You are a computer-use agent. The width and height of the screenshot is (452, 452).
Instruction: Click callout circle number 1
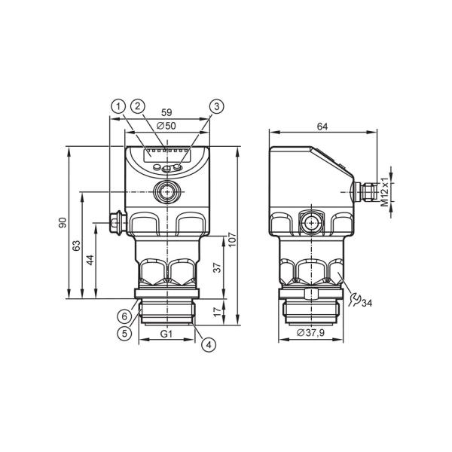pyautogui.click(x=118, y=107)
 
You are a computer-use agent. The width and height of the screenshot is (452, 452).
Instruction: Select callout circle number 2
pyautogui.click(x=138, y=106)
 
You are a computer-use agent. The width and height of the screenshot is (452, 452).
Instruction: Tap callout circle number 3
pyautogui.click(x=217, y=106)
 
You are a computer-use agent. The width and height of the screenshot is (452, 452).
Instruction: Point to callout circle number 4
pyautogui.click(x=209, y=344)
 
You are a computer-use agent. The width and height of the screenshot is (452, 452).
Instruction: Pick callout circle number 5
pyautogui.click(x=124, y=333)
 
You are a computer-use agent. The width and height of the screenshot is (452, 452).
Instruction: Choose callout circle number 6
pyautogui.click(x=124, y=316)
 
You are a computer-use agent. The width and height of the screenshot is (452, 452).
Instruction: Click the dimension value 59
pyautogui.click(x=166, y=112)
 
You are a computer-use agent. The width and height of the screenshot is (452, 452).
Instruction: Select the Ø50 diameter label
pyautogui.click(x=166, y=126)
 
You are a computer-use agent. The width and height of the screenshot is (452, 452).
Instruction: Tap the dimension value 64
pyautogui.click(x=322, y=127)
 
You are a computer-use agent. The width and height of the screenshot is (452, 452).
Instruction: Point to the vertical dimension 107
pyautogui.click(x=232, y=240)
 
